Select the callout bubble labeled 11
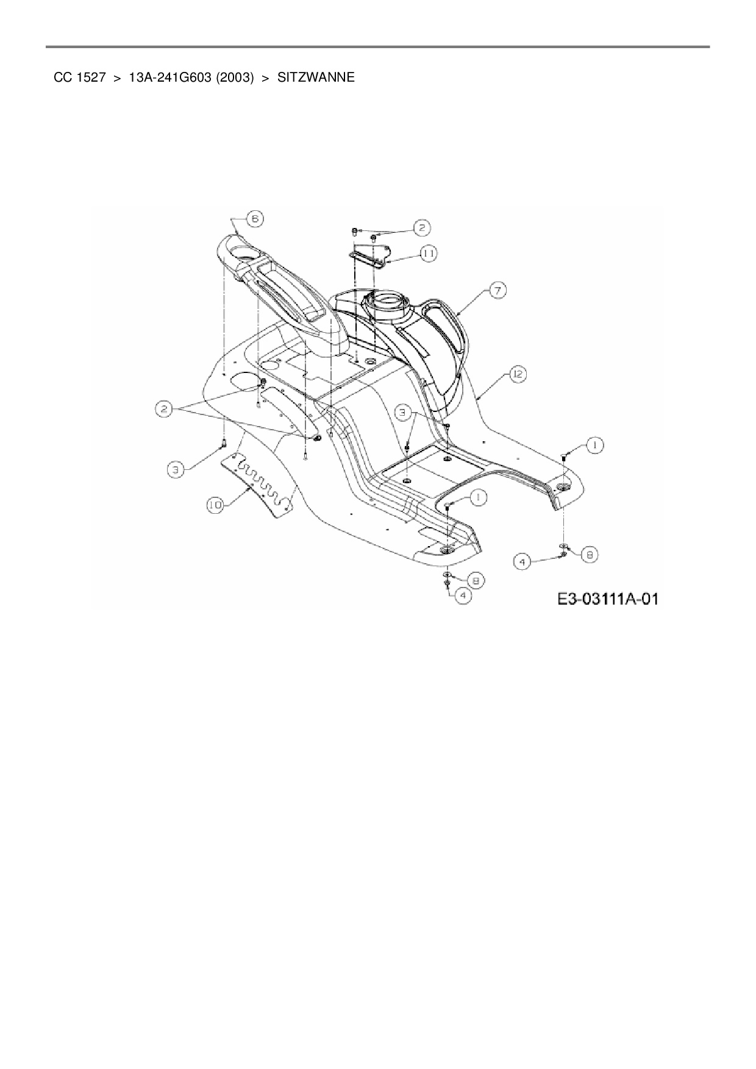click(429, 253)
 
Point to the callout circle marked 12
click(517, 375)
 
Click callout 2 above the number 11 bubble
click(421, 228)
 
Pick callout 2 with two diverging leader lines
click(163, 410)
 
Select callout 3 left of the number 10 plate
click(176, 469)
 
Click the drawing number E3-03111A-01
click(607, 599)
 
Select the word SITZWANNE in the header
click(316, 78)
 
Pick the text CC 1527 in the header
click(80, 78)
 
